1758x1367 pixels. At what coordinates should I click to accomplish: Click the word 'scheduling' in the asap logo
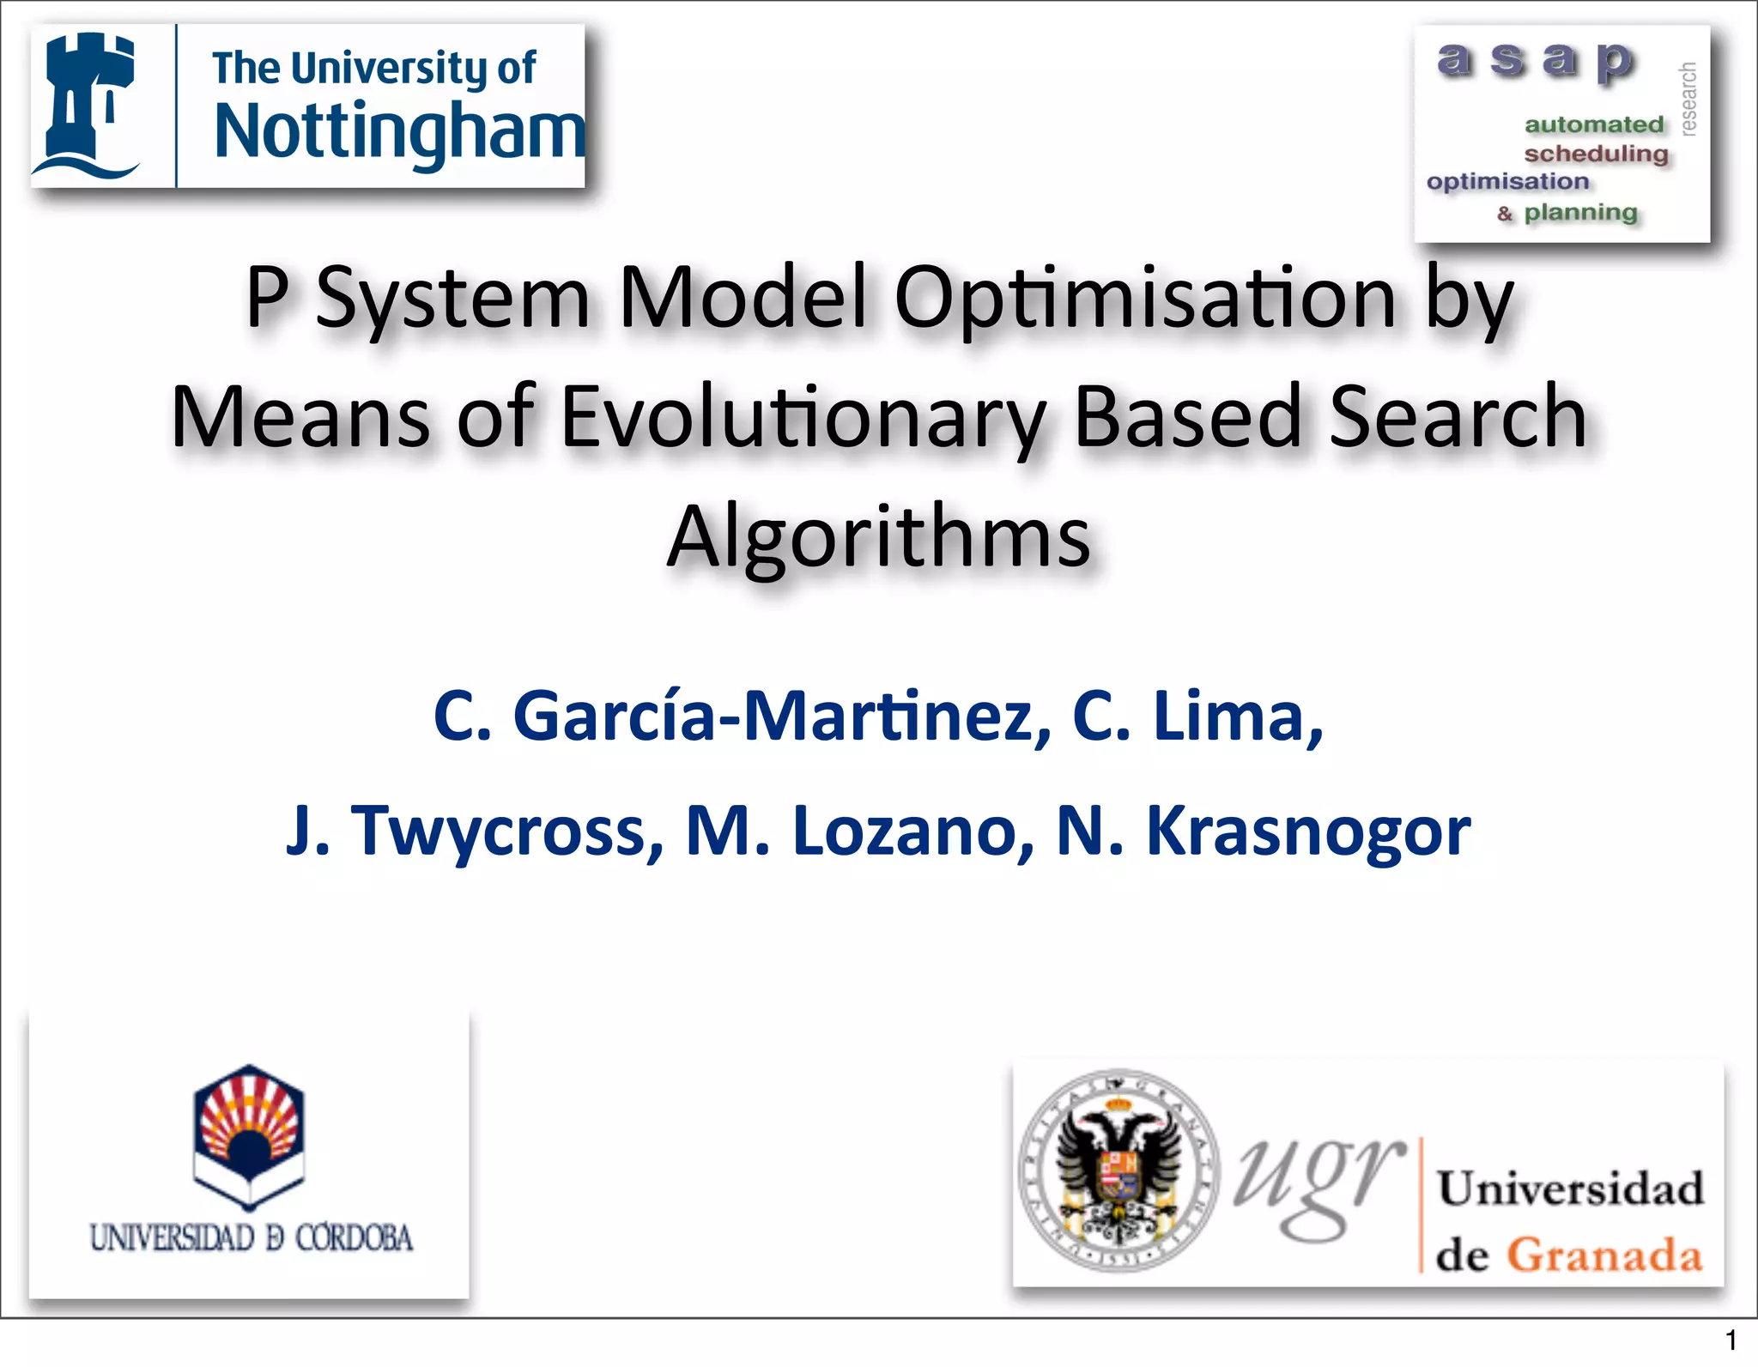click(x=1596, y=154)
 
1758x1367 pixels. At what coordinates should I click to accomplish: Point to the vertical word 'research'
click(x=1688, y=98)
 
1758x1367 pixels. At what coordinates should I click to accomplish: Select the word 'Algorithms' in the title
click(x=879, y=538)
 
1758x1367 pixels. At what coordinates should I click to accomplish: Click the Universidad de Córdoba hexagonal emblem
click(x=249, y=1136)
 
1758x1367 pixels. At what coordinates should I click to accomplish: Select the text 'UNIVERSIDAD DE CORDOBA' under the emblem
click(x=251, y=1238)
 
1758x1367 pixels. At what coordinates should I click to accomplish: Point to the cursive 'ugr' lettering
click(x=1319, y=1184)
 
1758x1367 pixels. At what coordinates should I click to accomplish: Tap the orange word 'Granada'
click(x=1604, y=1255)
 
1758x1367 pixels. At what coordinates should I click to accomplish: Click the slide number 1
click(x=1731, y=1340)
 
